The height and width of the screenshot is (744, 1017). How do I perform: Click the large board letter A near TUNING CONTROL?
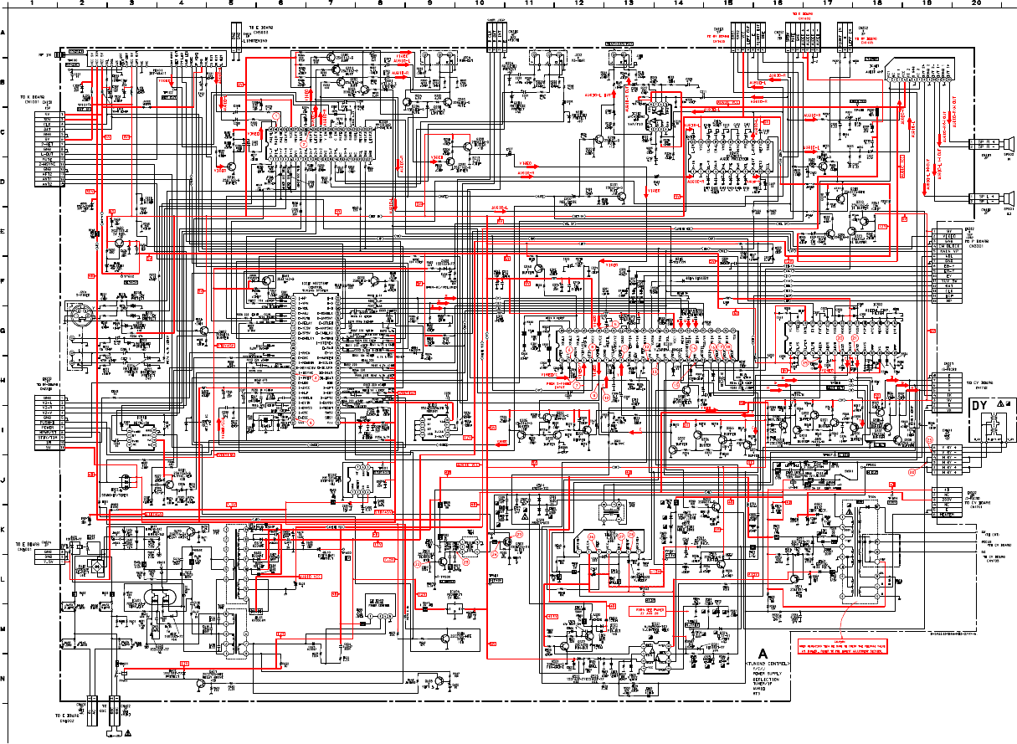pyautogui.click(x=763, y=652)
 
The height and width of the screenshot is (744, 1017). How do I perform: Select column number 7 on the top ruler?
pyautogui.click(x=331, y=4)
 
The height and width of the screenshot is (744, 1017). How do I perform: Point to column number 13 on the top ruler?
pyautogui.click(x=629, y=4)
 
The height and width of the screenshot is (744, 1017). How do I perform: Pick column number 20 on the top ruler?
pyautogui.click(x=976, y=4)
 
